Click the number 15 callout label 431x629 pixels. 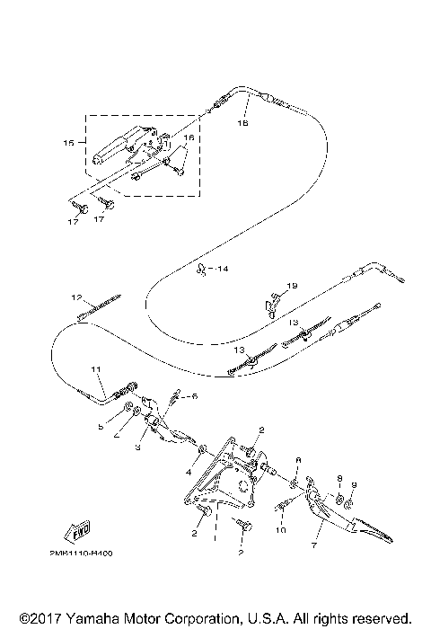(68, 143)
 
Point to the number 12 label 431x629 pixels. (77, 297)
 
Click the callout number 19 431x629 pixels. (291, 286)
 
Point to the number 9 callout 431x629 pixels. (353, 485)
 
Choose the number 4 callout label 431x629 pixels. (189, 470)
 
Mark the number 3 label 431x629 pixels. (138, 446)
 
